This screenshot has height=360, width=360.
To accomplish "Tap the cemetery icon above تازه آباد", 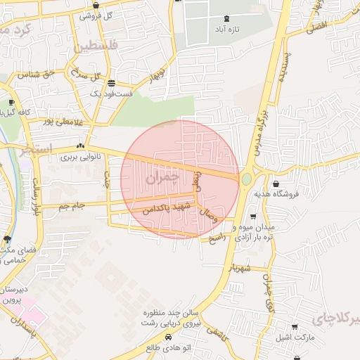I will pyautogui.click(x=226, y=19).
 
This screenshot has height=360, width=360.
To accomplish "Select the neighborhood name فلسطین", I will pyautogui.click(x=90, y=47).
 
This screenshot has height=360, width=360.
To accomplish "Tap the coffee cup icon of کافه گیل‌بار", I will pyautogui.click(x=11, y=103).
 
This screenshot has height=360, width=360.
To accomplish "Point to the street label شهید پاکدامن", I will pyautogui.click(x=167, y=208).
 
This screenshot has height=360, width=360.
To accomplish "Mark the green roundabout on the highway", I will pyautogui.click(x=246, y=179).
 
